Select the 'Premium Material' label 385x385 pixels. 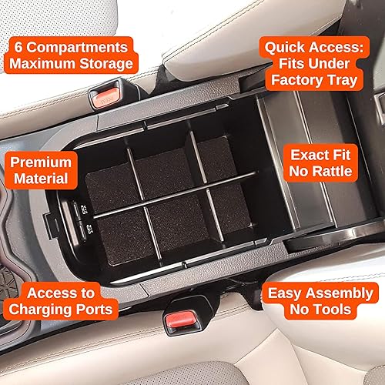[40, 171]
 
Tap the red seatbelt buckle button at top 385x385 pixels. [105, 96]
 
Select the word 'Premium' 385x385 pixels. [40, 162]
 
